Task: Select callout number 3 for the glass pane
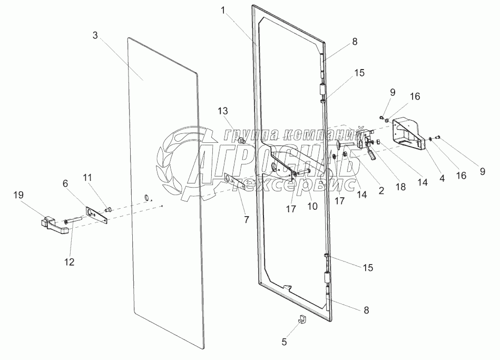pos(95,36)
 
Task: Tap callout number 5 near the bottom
pos(285,342)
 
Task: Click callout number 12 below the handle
pos(70,261)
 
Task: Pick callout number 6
pos(65,183)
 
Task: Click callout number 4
pos(442,178)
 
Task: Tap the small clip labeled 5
pos(301,319)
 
